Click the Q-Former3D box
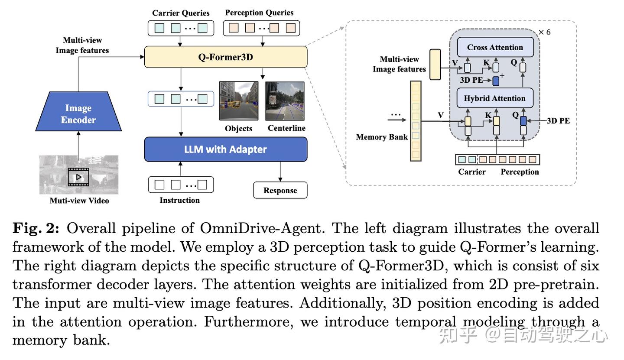[x=225, y=57]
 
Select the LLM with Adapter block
[x=225, y=149]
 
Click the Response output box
[x=280, y=190]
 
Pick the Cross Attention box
[x=495, y=47]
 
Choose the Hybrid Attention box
[x=494, y=98]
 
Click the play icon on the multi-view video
[x=78, y=177]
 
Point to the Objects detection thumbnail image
[x=238, y=101]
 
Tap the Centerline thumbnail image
[x=285, y=101]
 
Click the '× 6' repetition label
[x=544, y=32]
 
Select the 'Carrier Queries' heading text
[x=181, y=13]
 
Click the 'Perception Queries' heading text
[x=259, y=13]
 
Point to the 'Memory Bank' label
[x=382, y=137]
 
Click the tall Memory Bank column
[x=416, y=121]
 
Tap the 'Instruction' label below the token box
[x=179, y=200]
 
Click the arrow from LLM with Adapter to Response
[x=280, y=172]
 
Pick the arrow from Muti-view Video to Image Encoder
[x=78, y=143]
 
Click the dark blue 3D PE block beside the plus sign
[x=496, y=81]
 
